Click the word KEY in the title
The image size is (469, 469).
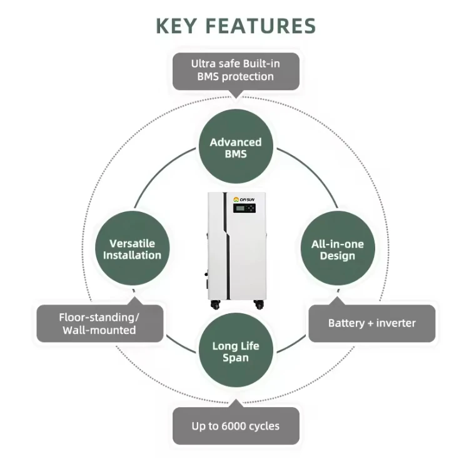coord(177,26)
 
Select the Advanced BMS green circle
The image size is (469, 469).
coord(235,148)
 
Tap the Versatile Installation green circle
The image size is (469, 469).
coord(132,249)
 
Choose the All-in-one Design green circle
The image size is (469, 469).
coord(337,250)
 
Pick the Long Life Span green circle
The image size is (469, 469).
coord(235,351)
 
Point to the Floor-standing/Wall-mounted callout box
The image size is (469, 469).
coord(99,323)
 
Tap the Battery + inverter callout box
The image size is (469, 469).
coord(371,323)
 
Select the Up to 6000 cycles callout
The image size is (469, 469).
coord(235,426)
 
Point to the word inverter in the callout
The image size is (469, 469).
coord(394,323)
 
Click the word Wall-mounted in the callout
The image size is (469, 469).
coord(99,330)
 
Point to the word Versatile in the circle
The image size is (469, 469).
coord(132,243)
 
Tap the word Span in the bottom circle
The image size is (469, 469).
coord(235,358)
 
